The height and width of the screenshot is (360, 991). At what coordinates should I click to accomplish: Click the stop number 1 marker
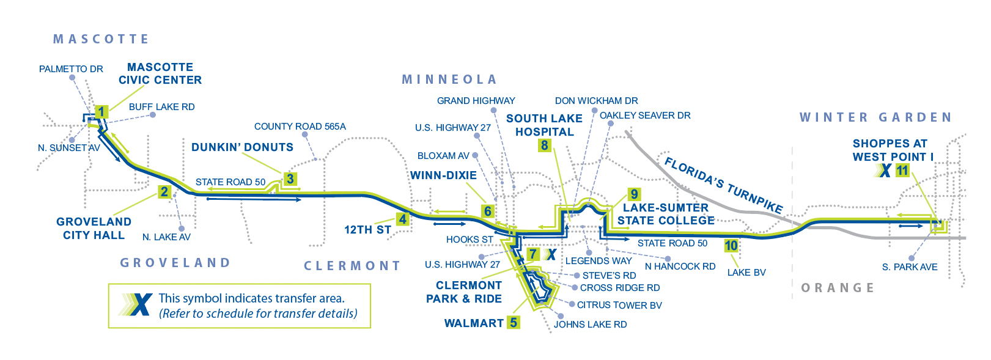(101, 111)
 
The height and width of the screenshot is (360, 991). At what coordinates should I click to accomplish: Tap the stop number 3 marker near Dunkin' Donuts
(290, 178)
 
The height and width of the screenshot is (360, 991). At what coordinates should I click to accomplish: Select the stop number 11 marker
(902, 171)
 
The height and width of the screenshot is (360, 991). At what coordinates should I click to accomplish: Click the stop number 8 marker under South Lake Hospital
(544, 145)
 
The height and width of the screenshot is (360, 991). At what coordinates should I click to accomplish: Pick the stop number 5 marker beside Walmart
(514, 323)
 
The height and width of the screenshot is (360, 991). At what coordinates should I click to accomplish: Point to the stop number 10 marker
(731, 246)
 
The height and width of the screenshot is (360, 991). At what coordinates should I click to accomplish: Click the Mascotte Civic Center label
(160, 73)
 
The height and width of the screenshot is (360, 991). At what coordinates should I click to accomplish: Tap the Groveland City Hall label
(94, 228)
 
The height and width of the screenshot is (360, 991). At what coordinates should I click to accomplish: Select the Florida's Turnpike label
(723, 184)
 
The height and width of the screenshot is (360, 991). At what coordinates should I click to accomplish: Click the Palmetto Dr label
(71, 69)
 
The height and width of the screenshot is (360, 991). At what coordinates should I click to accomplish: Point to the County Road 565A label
(300, 127)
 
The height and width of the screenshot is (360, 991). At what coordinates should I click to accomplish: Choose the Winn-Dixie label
(443, 175)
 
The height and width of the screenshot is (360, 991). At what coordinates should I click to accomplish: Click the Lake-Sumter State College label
(666, 214)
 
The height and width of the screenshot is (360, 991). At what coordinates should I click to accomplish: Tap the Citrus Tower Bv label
(619, 305)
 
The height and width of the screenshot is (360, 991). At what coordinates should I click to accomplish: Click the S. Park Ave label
(910, 267)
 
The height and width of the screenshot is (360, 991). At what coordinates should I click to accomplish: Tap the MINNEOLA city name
(449, 79)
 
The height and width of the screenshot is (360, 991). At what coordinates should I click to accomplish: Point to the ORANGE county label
(838, 288)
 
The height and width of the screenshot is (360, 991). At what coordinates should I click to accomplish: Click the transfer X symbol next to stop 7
(551, 254)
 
